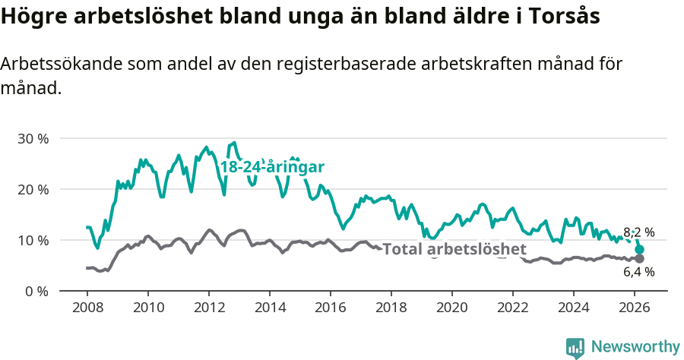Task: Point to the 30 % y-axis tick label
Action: tap(33, 139)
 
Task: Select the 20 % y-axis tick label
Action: tap(33, 189)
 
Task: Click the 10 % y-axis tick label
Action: tap(33, 240)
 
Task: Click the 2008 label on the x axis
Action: tap(87, 308)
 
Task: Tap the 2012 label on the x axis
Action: tap(209, 308)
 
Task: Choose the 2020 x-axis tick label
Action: tap(452, 308)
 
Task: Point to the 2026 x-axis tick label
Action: tap(635, 308)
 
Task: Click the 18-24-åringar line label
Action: tap(272, 167)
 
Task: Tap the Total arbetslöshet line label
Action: tap(454, 249)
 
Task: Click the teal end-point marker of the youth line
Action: tap(640, 249)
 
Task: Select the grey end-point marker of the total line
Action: tap(640, 258)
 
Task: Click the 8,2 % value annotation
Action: tap(638, 232)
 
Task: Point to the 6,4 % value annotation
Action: tap(638, 272)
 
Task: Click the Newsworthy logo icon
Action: tap(575, 347)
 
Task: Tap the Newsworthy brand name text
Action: tap(635, 347)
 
